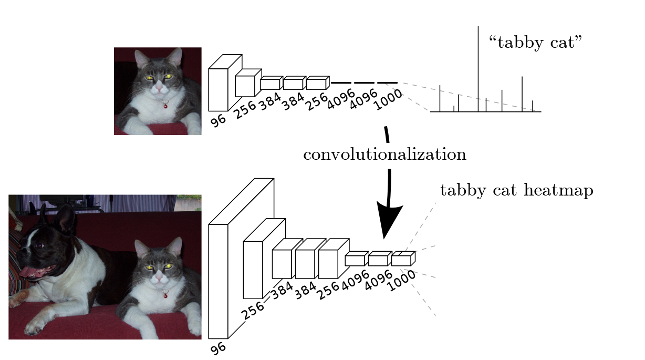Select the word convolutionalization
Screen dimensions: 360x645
coord(384,155)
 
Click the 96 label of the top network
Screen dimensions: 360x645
coord(219,121)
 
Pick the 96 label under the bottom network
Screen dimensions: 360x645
coord(218,347)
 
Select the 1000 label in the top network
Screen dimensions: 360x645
coord(388,100)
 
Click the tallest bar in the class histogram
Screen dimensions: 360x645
coord(478,68)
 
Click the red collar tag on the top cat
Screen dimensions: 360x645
coord(165,105)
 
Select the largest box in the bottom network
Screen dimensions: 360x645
coord(219,281)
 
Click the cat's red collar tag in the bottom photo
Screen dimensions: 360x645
coord(165,295)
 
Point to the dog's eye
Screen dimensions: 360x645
coord(38,245)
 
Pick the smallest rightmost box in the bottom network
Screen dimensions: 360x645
coord(401,260)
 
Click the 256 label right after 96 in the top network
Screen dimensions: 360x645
coord(245,110)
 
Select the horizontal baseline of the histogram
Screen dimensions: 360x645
coord(485,111)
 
